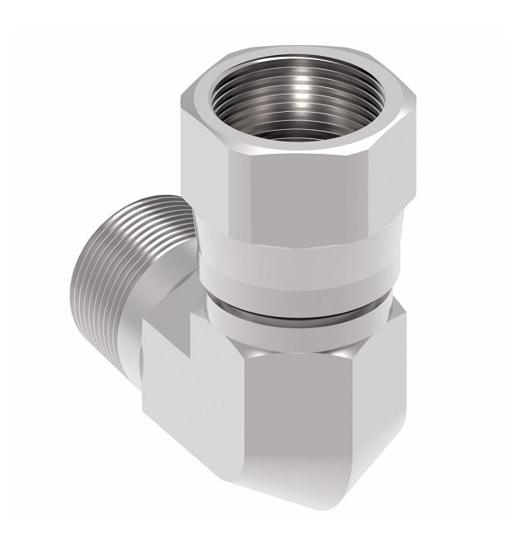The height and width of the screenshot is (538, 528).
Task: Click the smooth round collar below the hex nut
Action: tap(288, 263)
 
